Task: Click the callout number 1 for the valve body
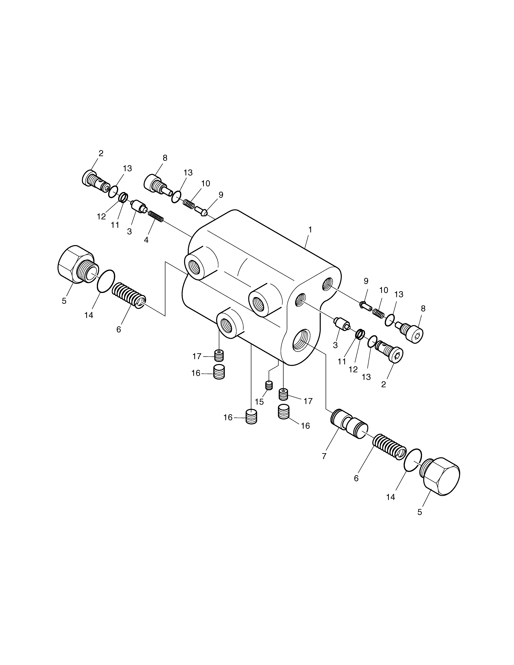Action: (x=310, y=230)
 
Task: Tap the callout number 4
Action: (x=146, y=240)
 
